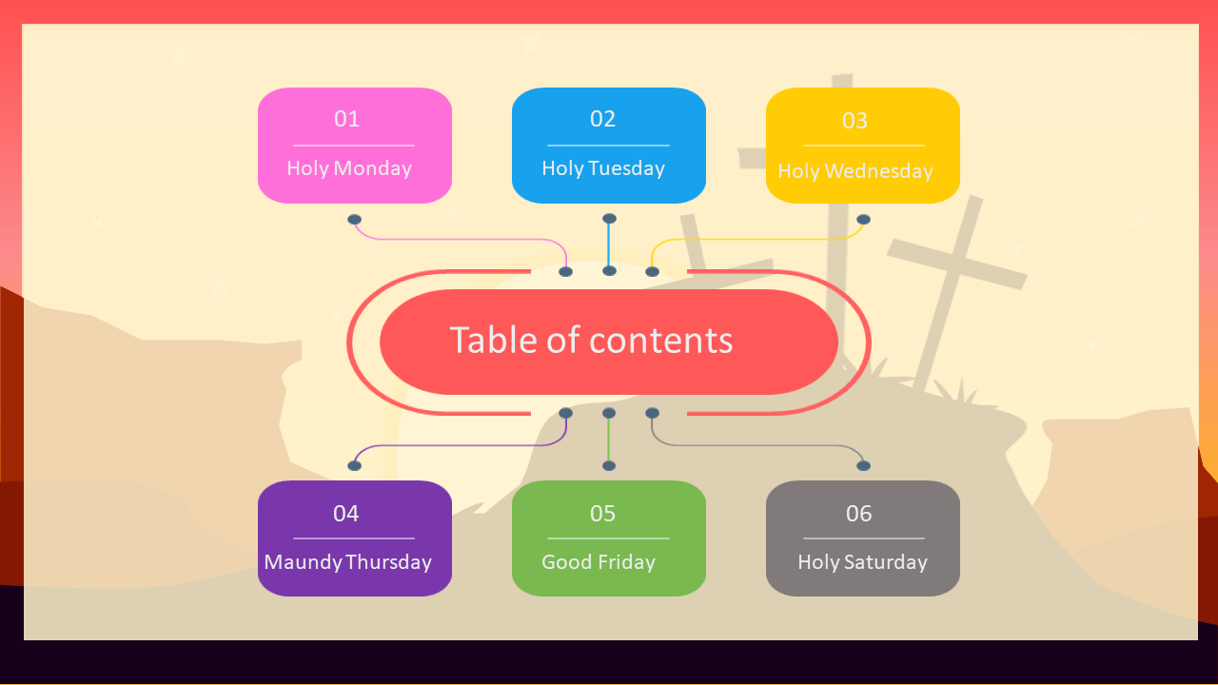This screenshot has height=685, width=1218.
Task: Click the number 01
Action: [347, 119]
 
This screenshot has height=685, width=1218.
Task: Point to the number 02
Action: [602, 119]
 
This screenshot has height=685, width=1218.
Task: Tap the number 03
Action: [855, 121]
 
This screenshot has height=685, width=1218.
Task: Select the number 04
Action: [346, 514]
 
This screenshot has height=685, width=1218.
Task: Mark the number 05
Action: [602, 514]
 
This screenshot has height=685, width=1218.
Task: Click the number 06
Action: [858, 514]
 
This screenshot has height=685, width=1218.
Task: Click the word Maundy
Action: [303, 562]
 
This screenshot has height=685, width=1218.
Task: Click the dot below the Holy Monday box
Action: [354, 220]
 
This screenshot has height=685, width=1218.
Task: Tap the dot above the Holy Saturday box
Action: [863, 465]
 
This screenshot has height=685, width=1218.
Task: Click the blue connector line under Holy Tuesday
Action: [609, 245]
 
